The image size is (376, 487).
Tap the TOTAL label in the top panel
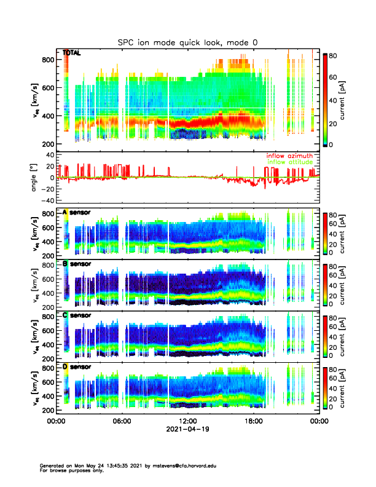[72, 53]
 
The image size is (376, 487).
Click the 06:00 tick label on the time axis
[122, 422]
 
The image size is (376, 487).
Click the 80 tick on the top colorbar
[335, 55]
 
